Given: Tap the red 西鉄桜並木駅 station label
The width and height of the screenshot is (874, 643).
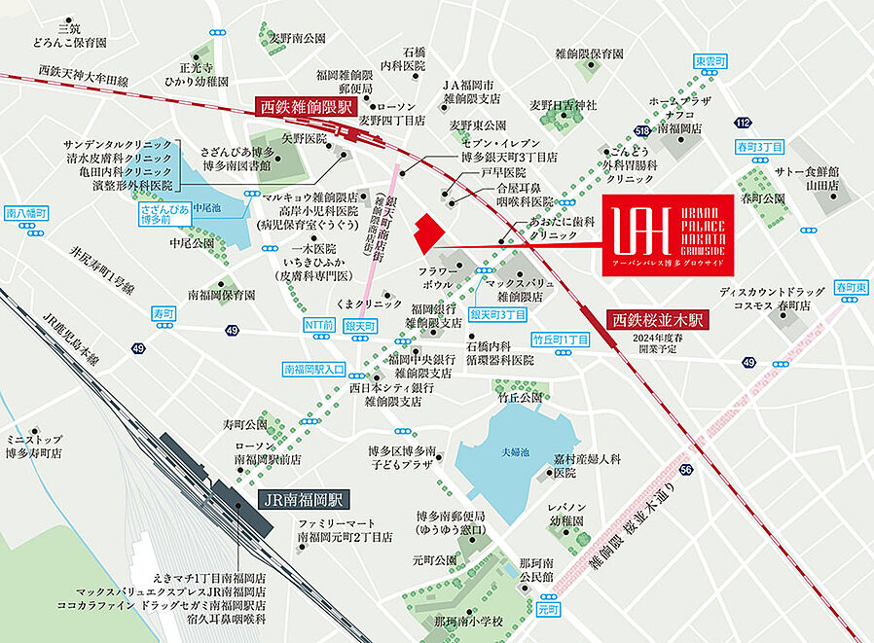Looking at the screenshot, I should [659, 319].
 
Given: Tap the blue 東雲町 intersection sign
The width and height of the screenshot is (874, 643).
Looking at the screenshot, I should [710, 62].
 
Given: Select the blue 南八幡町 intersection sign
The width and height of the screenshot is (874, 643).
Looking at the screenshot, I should [24, 211].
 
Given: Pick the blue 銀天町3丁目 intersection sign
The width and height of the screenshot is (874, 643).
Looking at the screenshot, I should [497, 315].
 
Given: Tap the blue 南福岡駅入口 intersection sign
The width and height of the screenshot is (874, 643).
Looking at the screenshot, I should [313, 369].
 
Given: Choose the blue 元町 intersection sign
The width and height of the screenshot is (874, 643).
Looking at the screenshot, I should [549, 609].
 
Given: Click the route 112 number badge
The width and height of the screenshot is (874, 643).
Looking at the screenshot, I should [744, 122].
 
